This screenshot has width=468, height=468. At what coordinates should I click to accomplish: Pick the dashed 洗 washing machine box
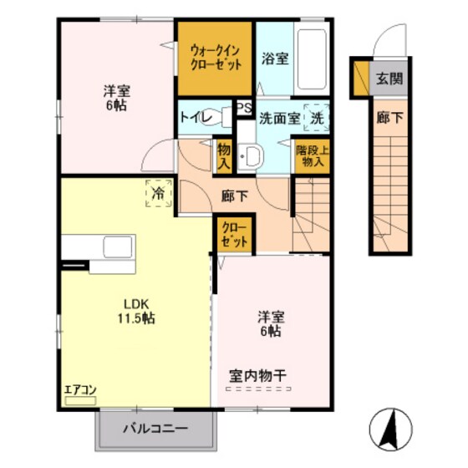[316, 118]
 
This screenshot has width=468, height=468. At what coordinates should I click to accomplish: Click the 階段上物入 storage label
[311, 156]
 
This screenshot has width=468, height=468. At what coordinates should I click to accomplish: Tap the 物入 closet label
[223, 156]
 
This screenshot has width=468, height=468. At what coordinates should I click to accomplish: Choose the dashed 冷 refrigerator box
[157, 192]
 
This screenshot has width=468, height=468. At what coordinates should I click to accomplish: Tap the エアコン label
[81, 389]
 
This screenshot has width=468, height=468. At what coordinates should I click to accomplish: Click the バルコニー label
[156, 430]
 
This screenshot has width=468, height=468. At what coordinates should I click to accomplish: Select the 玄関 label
[389, 80]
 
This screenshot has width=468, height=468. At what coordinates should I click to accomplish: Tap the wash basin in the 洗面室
[252, 156]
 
